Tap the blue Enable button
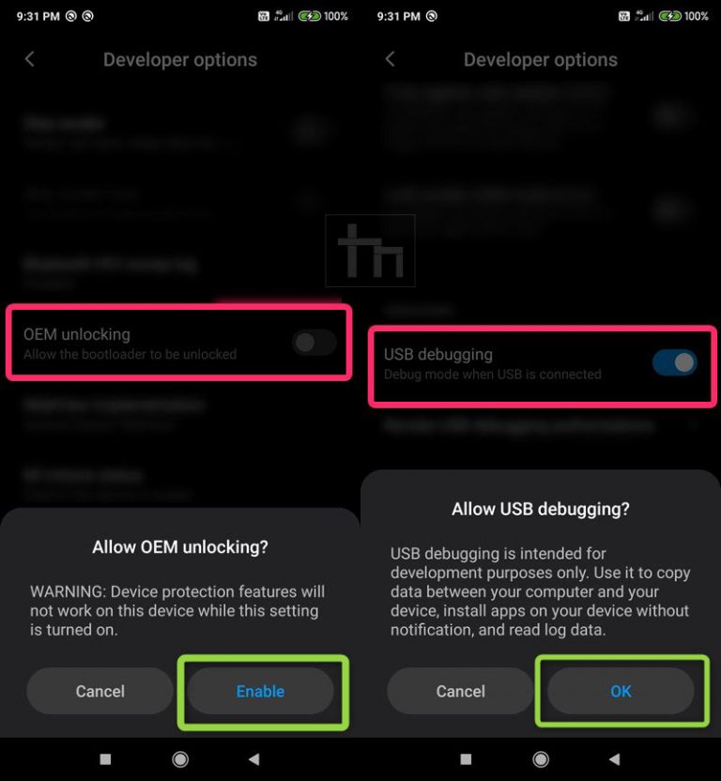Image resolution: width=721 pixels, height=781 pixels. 260,692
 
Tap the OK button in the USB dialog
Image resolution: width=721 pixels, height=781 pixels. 621,692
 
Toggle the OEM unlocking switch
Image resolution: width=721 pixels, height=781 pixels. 314,343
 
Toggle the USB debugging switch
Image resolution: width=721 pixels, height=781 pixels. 675,362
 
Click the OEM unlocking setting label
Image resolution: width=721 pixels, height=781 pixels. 77,334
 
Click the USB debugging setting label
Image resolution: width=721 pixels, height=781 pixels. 438,355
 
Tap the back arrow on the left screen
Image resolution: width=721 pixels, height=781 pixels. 30,59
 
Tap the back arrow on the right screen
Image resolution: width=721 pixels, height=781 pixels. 391,59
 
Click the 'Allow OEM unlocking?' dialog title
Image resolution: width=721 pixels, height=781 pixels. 180,547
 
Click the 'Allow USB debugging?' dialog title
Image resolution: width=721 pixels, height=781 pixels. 541,510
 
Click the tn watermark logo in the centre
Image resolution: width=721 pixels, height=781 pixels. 371,251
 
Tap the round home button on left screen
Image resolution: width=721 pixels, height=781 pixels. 180,758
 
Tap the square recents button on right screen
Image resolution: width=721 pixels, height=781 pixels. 467,758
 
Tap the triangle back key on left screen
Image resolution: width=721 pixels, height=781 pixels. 253,758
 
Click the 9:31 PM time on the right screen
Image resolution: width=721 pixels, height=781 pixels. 398,16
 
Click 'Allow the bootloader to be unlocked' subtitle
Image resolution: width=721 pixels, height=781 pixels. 130,355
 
